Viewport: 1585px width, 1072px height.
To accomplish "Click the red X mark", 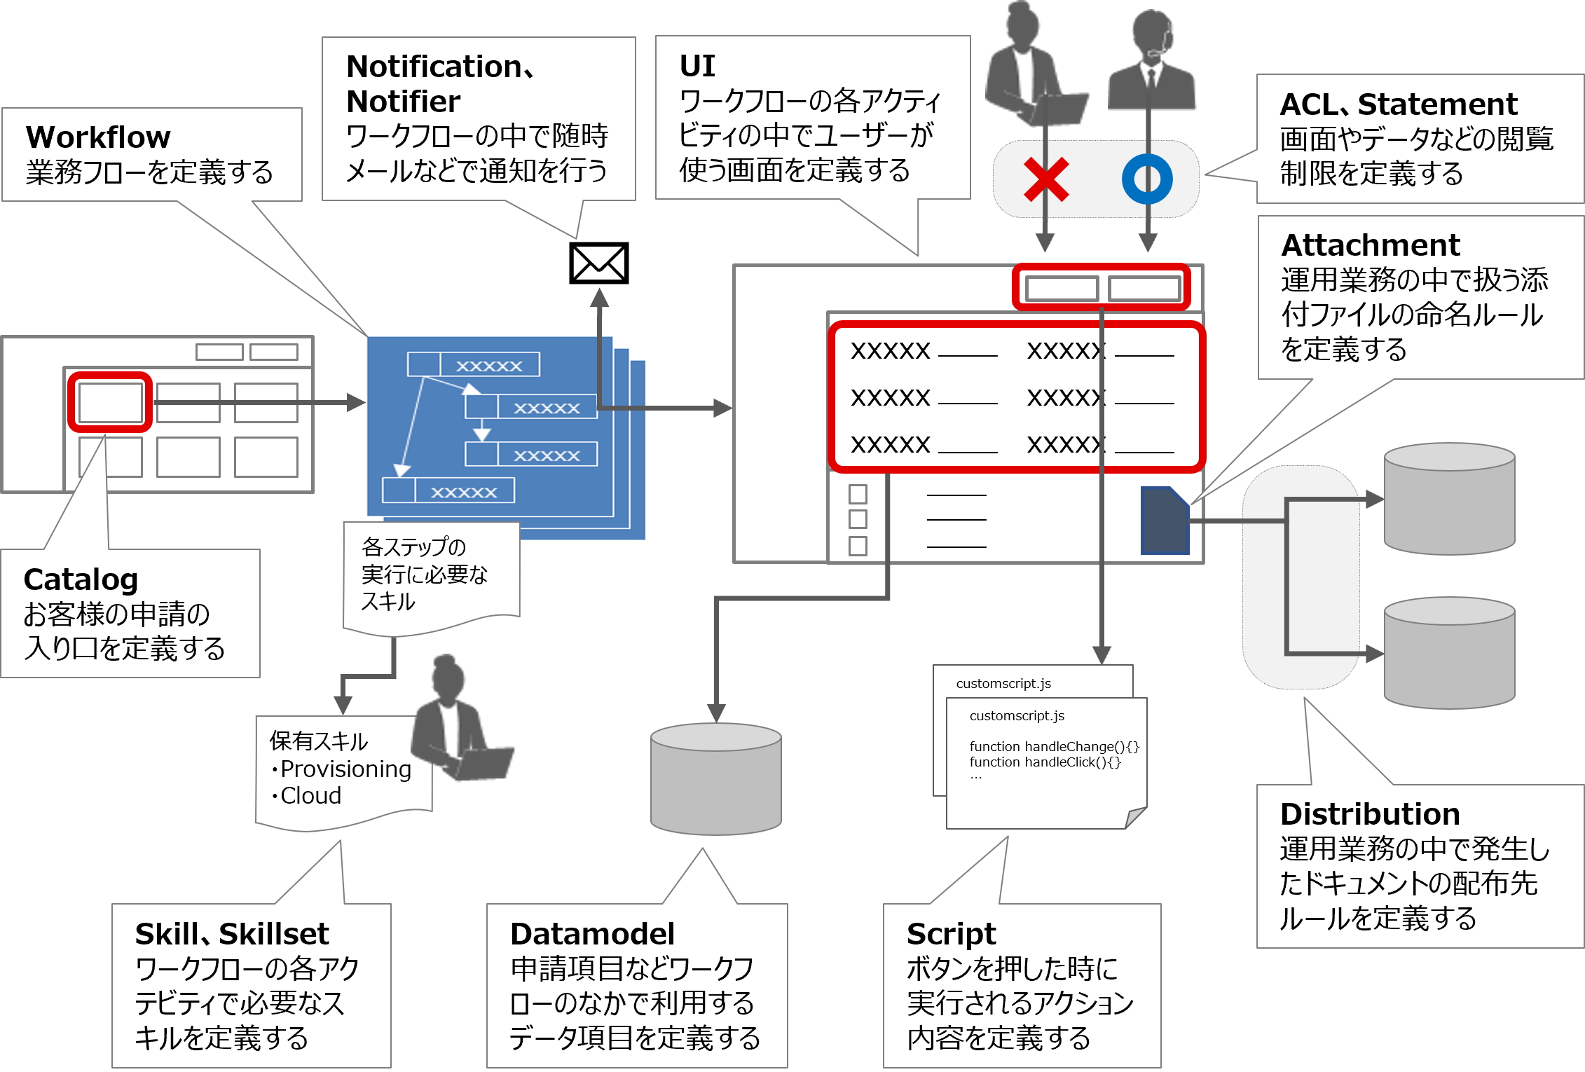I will coord(1045,179).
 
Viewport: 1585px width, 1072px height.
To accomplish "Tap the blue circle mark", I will coord(1147,179).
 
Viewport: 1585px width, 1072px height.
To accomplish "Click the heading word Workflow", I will coord(98,137).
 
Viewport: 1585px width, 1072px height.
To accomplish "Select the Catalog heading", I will coord(81,580).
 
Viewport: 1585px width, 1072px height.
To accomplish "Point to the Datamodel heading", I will coord(592,934).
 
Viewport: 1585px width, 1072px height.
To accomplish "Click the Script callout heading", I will coord(951,934).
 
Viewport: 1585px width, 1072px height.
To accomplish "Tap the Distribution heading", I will coord(1370,814).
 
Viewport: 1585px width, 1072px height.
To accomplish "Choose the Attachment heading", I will coord(1370,245).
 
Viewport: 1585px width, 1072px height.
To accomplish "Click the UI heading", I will coord(697,66).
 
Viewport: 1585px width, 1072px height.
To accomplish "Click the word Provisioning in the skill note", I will coord(345,769).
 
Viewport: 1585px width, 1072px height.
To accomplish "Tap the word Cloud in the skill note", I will coord(310,796).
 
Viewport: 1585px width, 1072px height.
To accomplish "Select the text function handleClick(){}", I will coord(1045,762).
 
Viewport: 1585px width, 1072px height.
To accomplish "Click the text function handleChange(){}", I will coord(1054,747).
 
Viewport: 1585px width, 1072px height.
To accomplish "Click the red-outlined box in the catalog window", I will coord(110,402).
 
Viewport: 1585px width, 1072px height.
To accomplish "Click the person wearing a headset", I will coord(1151,63).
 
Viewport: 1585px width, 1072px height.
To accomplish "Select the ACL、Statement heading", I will coord(1398,104).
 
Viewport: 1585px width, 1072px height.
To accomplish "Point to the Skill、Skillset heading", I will coord(231,934).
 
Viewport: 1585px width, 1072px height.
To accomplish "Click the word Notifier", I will coord(404,102).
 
